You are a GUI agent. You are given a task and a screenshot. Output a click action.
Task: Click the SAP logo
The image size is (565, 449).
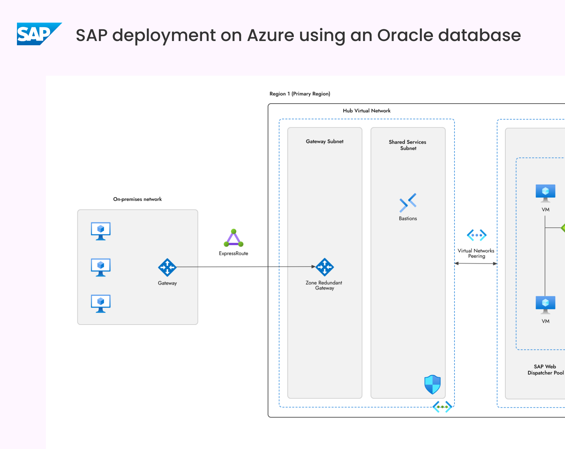pyautogui.click(x=40, y=34)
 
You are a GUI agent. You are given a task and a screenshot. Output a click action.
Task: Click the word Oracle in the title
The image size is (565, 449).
pyautogui.click(x=405, y=35)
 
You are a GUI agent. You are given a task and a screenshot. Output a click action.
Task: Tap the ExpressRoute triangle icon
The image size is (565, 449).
pyautogui.click(x=233, y=238)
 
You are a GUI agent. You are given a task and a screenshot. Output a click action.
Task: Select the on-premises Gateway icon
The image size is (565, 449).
pyautogui.click(x=167, y=267)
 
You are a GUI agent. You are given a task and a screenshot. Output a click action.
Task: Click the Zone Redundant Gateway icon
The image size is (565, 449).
pyautogui.click(x=325, y=267)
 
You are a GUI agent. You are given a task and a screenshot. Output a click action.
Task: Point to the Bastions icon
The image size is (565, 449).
pyautogui.click(x=408, y=203)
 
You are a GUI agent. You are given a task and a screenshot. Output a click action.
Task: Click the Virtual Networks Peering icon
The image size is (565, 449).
pyautogui.click(x=476, y=235)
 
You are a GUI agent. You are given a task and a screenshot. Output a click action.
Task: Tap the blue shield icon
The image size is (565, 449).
pyautogui.click(x=433, y=384)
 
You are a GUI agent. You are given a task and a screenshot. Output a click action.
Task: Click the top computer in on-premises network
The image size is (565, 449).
pyautogui.click(x=101, y=231)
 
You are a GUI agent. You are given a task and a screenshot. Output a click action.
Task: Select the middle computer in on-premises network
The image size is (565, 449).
pyautogui.click(x=101, y=267)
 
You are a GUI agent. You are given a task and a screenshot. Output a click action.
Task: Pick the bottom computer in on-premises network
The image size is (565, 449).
pyautogui.click(x=101, y=304)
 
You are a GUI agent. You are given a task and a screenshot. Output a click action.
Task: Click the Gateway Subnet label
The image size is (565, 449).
pyautogui.click(x=325, y=141)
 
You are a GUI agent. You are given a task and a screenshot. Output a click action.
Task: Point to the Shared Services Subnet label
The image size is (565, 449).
pyautogui.click(x=408, y=145)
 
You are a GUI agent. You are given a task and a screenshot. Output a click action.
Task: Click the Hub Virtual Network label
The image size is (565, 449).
pyautogui.click(x=367, y=111)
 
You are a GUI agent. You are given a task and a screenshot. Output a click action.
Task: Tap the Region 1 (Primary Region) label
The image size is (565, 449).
pyautogui.click(x=300, y=94)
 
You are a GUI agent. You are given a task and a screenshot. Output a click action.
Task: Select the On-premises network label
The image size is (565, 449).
pyautogui.click(x=137, y=199)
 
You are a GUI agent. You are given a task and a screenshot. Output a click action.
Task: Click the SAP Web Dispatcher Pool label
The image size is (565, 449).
pyautogui.click(x=546, y=369)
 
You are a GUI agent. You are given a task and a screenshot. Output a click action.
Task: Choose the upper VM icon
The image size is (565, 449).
pyautogui.click(x=545, y=193)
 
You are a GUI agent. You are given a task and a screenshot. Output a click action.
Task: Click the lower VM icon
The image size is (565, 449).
pyautogui.click(x=545, y=305)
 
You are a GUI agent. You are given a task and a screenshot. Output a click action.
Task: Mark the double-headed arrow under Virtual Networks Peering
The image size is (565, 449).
pyautogui.click(x=476, y=263)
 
